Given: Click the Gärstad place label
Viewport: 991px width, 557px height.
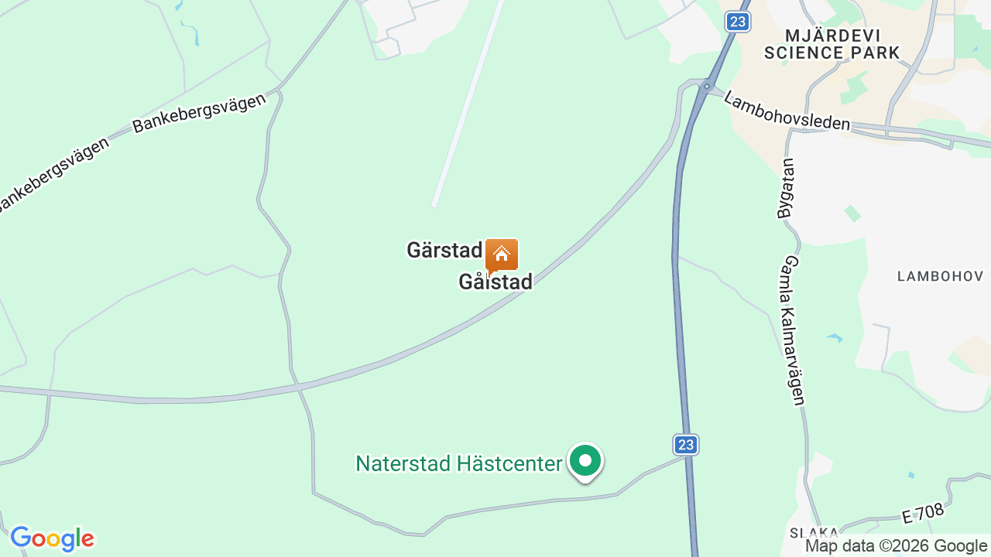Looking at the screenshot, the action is tap(444, 251).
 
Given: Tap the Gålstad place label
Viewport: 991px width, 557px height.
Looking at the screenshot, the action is tap(495, 282).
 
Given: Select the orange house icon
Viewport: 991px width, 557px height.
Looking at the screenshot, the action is tap(502, 254).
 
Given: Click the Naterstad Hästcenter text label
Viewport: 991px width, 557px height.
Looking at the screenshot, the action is tap(458, 463).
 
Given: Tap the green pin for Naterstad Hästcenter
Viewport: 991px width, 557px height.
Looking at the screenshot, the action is tap(586, 461).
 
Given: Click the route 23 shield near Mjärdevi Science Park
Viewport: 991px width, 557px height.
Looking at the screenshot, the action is tap(739, 22).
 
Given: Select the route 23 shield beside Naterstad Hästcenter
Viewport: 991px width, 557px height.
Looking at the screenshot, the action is tap(685, 444).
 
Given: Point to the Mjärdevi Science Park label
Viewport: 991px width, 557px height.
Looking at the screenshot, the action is tap(832, 44).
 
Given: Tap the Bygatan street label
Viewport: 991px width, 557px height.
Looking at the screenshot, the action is tap(786, 189).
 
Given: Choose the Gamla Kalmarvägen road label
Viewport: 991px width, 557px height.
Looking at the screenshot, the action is tap(794, 331).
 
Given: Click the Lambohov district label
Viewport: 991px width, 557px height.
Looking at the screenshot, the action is tap(940, 276).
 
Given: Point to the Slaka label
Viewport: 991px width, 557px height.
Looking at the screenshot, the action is tap(814, 532).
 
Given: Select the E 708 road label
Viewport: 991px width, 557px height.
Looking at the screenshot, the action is tap(924, 514).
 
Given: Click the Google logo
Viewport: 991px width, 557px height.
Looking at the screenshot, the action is tap(52, 538).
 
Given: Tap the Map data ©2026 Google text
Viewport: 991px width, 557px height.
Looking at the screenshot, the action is tap(897, 545).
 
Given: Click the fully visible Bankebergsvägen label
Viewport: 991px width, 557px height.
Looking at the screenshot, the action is tap(199, 114).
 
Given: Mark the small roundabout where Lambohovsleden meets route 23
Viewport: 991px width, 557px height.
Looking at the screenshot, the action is tap(707, 86).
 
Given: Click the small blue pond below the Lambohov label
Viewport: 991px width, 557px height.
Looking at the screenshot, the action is tap(835, 338).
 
